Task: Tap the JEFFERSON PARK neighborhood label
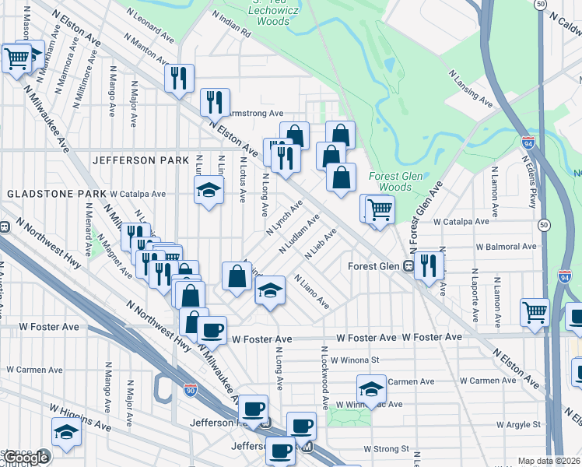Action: (141, 160)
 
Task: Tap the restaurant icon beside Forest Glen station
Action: (428, 265)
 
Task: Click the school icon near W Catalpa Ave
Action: (209, 189)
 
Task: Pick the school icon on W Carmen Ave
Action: (372, 387)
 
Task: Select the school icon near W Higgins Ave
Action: (67, 431)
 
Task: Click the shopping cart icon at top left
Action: (17, 58)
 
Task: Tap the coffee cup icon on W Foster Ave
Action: (211, 329)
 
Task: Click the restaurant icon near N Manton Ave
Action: (179, 77)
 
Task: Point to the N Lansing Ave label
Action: (470, 89)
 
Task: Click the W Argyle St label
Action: (514, 424)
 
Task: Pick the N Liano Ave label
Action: (312, 291)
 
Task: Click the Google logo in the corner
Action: (26, 458)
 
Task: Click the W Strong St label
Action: (387, 449)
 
